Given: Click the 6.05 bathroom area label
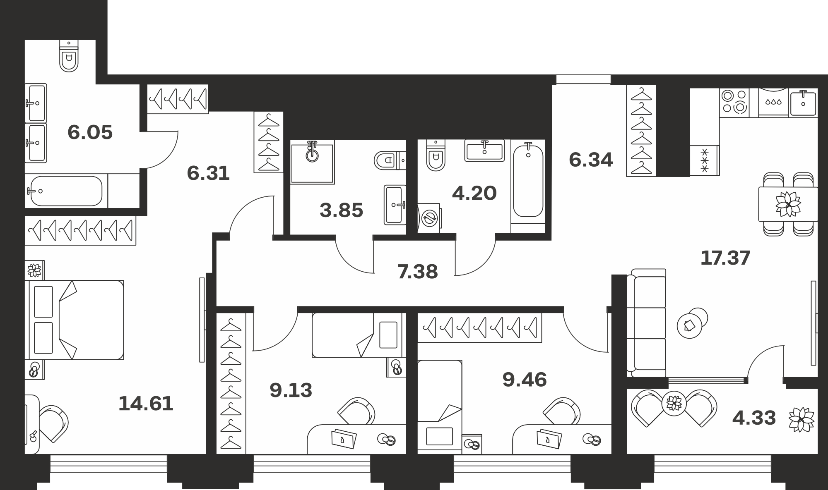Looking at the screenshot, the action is point(90,133).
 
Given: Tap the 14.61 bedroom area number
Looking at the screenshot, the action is point(146,403).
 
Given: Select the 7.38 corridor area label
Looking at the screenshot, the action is point(417,272).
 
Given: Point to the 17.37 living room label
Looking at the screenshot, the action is point(725,258).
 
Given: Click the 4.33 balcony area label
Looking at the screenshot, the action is point(754,418).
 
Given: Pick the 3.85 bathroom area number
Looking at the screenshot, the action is point(341,210).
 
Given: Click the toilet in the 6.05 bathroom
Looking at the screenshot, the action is point(69,56).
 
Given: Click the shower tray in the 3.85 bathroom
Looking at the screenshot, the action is point(312,162).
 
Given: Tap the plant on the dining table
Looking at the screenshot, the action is point(788,204).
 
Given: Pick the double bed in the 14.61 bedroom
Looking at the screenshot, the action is point(75,320).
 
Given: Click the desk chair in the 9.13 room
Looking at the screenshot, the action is point(356,411).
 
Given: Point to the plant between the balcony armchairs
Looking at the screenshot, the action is point(674,403).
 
